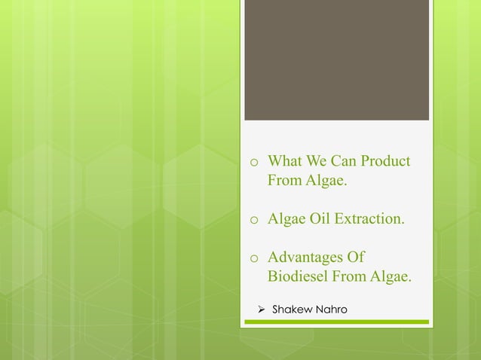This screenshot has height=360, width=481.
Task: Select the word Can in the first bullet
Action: [x=339, y=162]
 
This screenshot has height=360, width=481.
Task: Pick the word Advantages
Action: [x=308, y=258]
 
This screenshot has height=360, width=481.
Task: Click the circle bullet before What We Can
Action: [x=255, y=163]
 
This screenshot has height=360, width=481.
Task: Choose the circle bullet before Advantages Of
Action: [x=255, y=259]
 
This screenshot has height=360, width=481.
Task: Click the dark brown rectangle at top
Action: [x=336, y=60]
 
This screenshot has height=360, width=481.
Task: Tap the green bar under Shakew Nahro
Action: [x=336, y=322]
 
